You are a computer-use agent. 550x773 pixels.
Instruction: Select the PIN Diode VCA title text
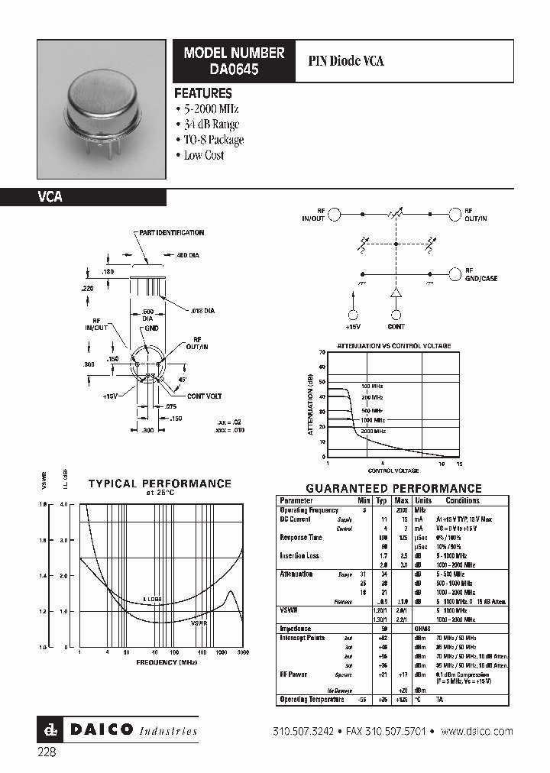pos(345,60)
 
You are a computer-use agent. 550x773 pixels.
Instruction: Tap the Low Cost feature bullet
pos(203,155)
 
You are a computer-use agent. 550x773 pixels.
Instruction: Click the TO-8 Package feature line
pos(213,140)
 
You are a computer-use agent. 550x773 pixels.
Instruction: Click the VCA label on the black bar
pos(50,197)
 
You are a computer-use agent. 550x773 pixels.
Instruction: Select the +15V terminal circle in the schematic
pos(353,315)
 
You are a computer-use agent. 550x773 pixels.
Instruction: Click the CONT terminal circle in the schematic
pos(396,315)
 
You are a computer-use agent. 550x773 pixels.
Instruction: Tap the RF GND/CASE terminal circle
pos(456,273)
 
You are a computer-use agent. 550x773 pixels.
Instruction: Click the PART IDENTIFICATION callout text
pos(171,233)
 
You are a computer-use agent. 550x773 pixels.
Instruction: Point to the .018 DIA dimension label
pos(202,312)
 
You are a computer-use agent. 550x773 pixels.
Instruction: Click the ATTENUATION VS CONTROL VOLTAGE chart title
pos(393,346)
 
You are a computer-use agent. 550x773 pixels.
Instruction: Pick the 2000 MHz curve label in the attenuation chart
pos(373,432)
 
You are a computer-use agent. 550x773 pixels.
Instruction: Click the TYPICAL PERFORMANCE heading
pos(160,484)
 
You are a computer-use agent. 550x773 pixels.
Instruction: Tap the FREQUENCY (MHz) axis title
pos(167,663)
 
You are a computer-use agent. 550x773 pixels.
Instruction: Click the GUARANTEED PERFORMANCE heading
pos(393,489)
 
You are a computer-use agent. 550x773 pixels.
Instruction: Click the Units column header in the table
pos(423,500)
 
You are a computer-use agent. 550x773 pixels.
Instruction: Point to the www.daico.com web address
pos(477,732)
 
